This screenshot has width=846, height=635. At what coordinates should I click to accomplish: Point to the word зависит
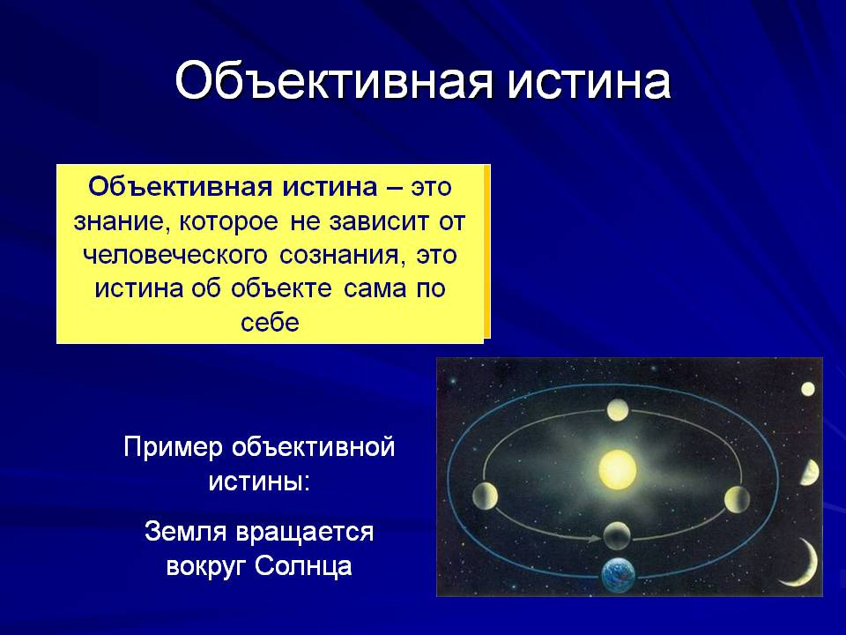[x=375, y=222]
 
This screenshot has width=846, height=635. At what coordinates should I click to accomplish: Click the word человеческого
[x=174, y=256]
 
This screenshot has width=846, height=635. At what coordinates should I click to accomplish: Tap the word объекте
[x=281, y=288]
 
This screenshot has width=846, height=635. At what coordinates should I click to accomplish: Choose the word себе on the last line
[x=270, y=323]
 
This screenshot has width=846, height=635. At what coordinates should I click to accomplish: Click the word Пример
[x=173, y=448]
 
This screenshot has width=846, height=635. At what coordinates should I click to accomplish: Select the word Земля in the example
[x=185, y=531]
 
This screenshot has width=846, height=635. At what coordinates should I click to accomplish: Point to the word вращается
[x=305, y=533]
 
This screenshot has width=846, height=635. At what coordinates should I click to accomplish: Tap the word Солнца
[x=303, y=566]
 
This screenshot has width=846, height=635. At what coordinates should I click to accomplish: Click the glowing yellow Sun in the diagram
[x=618, y=468]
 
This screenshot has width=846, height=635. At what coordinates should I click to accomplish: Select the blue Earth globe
[x=619, y=575]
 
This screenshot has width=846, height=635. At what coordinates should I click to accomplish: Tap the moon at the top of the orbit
[x=618, y=410]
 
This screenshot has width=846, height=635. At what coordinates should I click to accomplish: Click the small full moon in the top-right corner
[x=808, y=389]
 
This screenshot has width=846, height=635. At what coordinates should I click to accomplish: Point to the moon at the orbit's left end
[x=485, y=497]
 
